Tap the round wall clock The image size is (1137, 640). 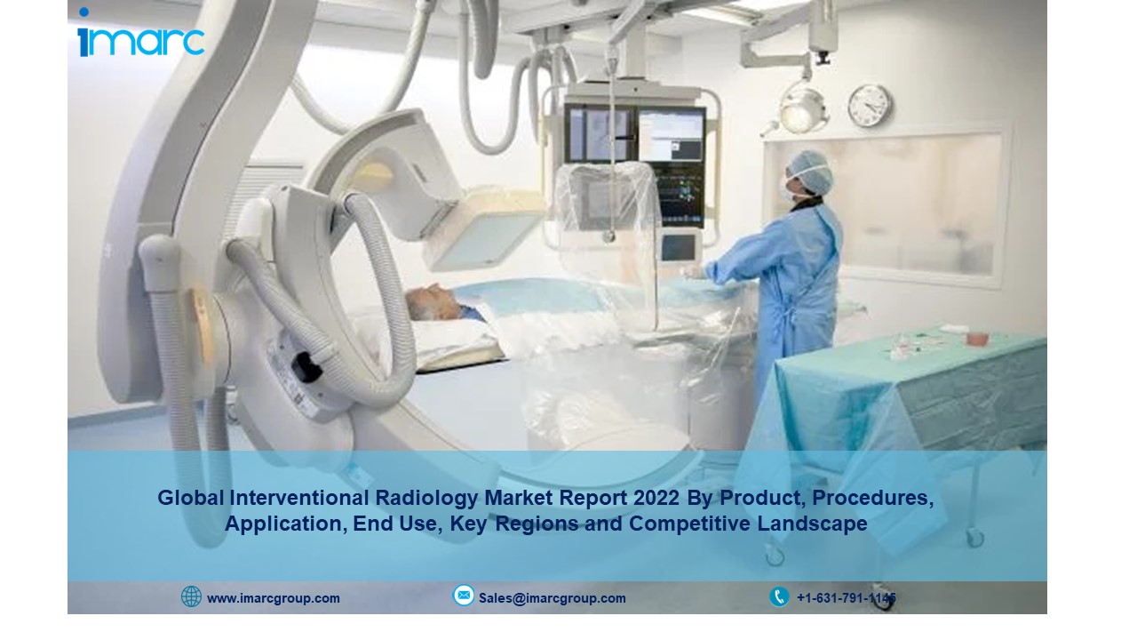870,106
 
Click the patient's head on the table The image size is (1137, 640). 435,301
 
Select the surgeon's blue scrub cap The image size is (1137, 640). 812,171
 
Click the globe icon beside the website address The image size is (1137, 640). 191,596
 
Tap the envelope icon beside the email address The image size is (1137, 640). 464,596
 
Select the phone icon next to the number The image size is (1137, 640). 779,596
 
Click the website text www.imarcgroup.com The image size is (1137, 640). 274,598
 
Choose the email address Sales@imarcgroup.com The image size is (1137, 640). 553,598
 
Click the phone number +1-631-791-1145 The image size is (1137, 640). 847,598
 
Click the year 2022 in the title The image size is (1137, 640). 656,498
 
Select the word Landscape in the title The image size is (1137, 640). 812,524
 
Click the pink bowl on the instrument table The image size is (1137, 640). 976,338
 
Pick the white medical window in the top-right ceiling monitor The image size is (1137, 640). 671,136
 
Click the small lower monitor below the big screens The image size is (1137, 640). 679,247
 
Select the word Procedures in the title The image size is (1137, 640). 872,499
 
